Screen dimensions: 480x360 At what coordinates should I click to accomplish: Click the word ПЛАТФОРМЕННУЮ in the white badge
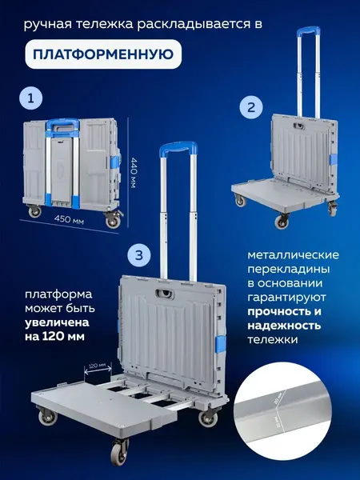[102, 54]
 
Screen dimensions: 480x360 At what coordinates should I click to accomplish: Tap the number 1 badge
[30, 98]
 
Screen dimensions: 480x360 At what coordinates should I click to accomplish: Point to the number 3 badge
[139, 255]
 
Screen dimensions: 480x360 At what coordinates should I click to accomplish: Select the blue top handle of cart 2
[305, 33]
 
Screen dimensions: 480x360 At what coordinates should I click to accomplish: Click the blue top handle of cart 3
[175, 150]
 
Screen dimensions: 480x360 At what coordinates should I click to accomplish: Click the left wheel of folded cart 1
[37, 213]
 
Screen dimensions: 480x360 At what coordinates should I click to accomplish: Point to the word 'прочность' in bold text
[273, 310]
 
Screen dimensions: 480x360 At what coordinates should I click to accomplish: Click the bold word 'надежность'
[284, 325]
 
